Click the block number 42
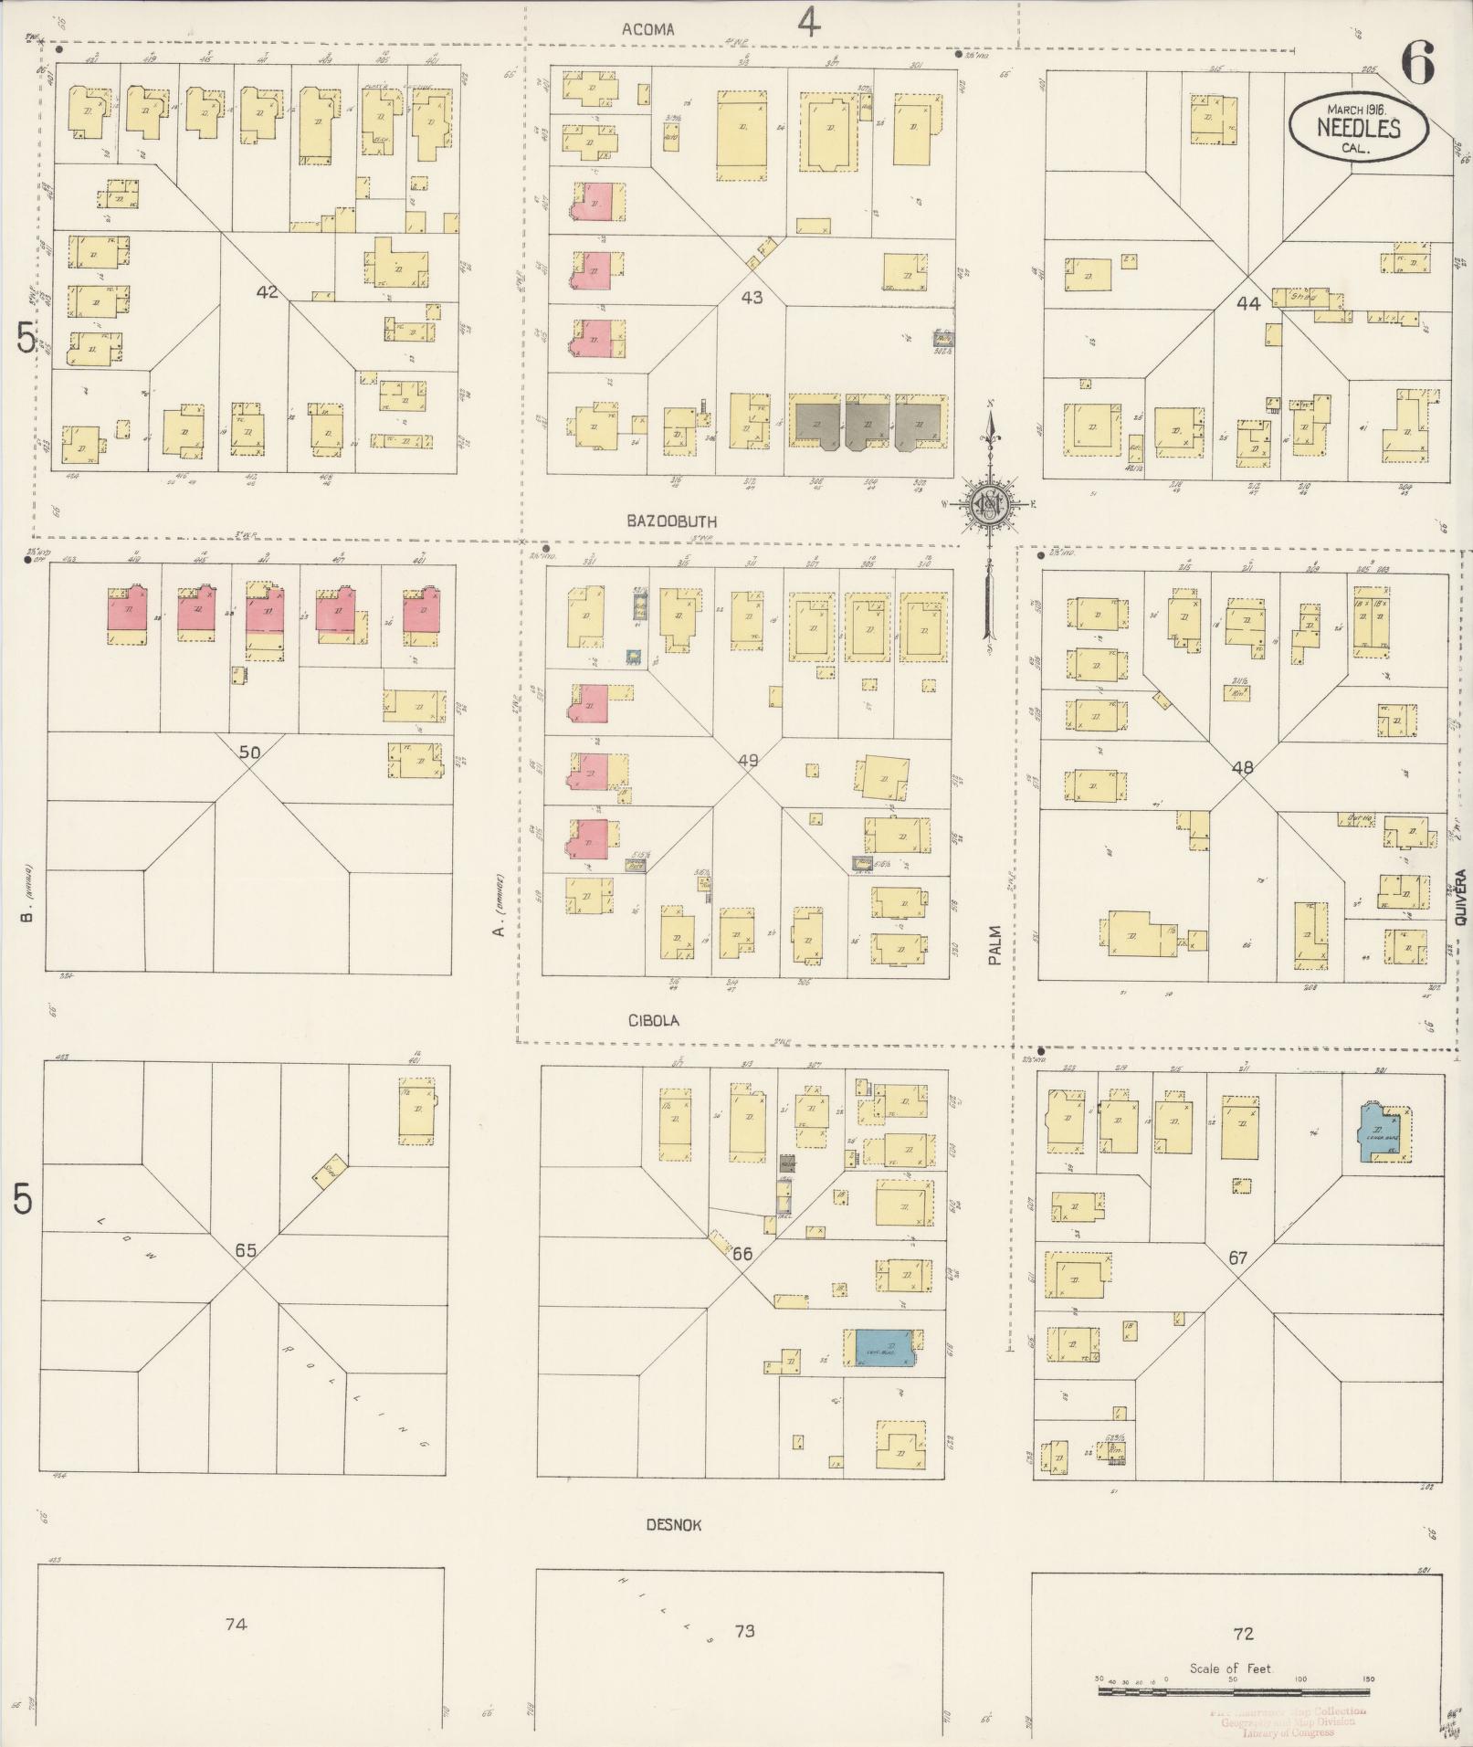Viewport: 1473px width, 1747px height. (x=267, y=292)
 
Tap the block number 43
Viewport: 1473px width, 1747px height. (x=752, y=297)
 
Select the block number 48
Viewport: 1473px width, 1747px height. (x=1242, y=768)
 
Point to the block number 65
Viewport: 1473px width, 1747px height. (x=245, y=1250)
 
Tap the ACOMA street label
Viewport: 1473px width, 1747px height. (x=647, y=29)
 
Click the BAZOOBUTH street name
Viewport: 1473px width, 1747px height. (x=671, y=521)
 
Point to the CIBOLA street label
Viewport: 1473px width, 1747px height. (x=653, y=1020)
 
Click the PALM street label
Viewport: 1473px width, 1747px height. (x=994, y=945)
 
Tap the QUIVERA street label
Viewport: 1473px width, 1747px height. (x=1460, y=898)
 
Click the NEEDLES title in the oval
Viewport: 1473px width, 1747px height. (x=1358, y=128)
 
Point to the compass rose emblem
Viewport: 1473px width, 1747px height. (x=988, y=505)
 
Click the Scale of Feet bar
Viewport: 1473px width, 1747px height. (x=1233, y=1691)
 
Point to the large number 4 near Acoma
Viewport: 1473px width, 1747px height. (x=808, y=22)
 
